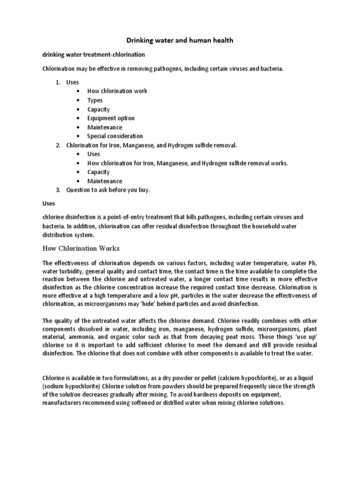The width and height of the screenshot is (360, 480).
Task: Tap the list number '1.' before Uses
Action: coord(58,82)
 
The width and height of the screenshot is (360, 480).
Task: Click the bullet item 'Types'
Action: coord(95,100)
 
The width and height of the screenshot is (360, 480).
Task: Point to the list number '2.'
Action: coord(58,145)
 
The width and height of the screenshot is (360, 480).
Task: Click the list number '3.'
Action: coord(58,190)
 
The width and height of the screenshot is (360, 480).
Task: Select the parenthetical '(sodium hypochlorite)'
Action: coord(70,386)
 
